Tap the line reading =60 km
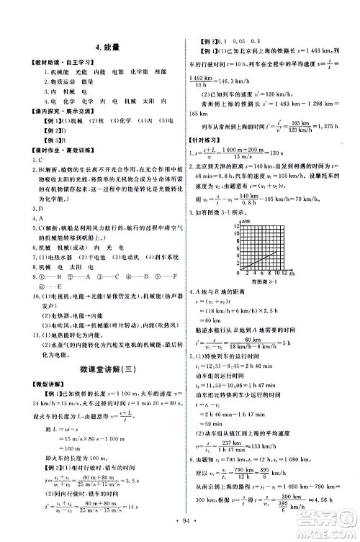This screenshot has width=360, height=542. pos(218,339)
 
